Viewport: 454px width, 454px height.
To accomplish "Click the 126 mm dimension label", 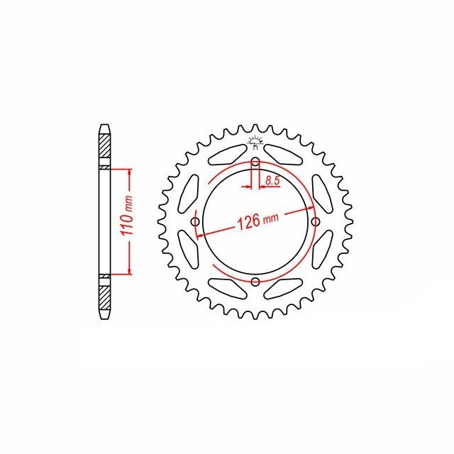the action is pos(258,221).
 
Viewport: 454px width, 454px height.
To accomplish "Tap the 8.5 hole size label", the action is pos(272,180).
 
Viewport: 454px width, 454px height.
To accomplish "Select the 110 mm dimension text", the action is pos(127,216).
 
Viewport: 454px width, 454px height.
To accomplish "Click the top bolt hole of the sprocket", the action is pos(255,162).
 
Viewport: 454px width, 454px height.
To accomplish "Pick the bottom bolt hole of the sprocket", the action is pos(255,282).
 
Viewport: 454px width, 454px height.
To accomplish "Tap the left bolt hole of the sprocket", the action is pos(196,222).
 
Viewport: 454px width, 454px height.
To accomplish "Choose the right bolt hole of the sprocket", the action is pos(315,222).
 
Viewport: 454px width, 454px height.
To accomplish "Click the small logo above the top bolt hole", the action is pos(255,143).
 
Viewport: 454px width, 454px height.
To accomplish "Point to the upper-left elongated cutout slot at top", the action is pos(228,155).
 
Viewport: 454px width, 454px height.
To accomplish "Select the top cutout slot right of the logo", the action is pos(282,155).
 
